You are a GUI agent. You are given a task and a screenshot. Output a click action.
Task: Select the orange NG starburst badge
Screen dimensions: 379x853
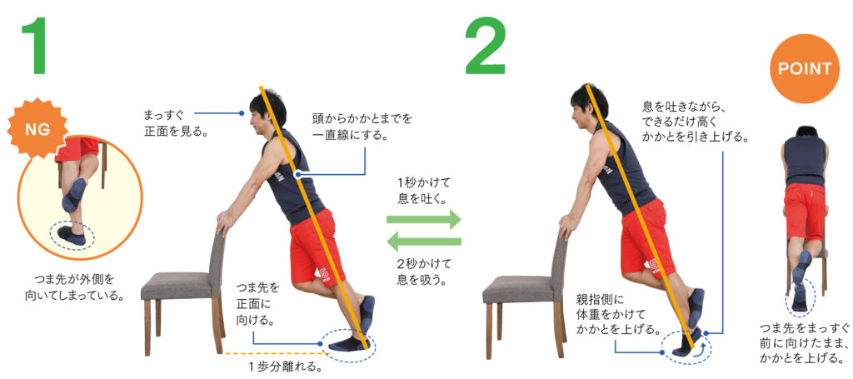point(36,131)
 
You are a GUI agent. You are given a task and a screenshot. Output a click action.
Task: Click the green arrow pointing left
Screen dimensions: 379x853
point(423,242)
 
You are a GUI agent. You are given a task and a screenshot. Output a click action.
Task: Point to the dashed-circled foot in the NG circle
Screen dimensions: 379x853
point(72,236)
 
